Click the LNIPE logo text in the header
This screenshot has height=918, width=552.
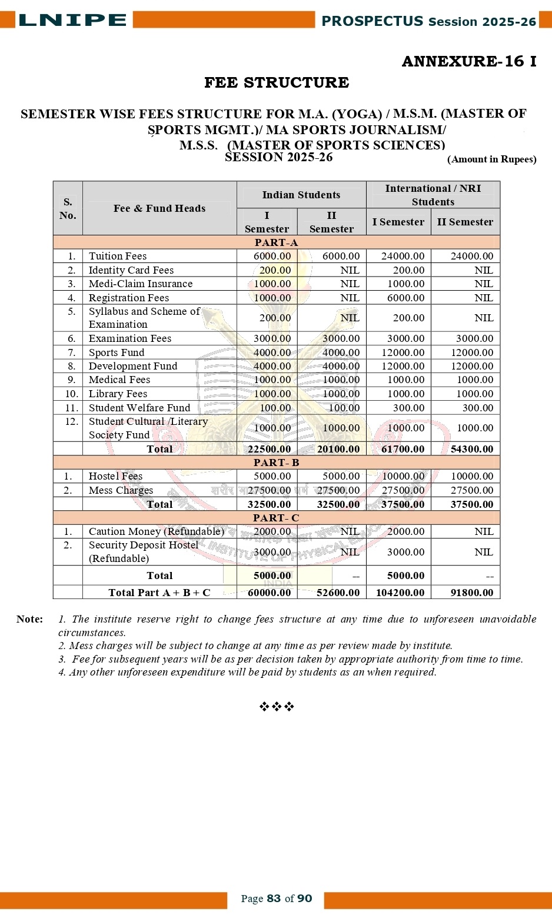coord(72,20)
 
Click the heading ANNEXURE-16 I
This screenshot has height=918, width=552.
coord(468,61)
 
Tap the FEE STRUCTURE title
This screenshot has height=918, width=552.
coord(277,82)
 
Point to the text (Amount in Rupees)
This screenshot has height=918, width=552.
coord(491,159)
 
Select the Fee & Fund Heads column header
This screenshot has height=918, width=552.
coord(159,208)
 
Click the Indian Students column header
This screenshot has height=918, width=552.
coord(301,195)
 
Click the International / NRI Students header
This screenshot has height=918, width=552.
coord(433,195)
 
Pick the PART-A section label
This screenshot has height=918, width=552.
coord(276,242)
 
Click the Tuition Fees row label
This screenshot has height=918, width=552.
coord(118,256)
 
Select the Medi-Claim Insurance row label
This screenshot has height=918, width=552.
coord(141,284)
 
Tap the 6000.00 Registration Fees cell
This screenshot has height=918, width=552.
coord(405,298)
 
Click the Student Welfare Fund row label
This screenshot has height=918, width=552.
coord(139,408)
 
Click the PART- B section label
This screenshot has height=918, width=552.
coord(276,463)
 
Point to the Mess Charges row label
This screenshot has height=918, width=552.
coord(121,490)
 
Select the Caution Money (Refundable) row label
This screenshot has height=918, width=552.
coord(157,531)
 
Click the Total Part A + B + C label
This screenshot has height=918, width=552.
coord(159,593)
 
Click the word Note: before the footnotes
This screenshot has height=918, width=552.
coord(29,619)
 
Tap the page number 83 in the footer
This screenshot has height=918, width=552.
coord(274,899)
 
